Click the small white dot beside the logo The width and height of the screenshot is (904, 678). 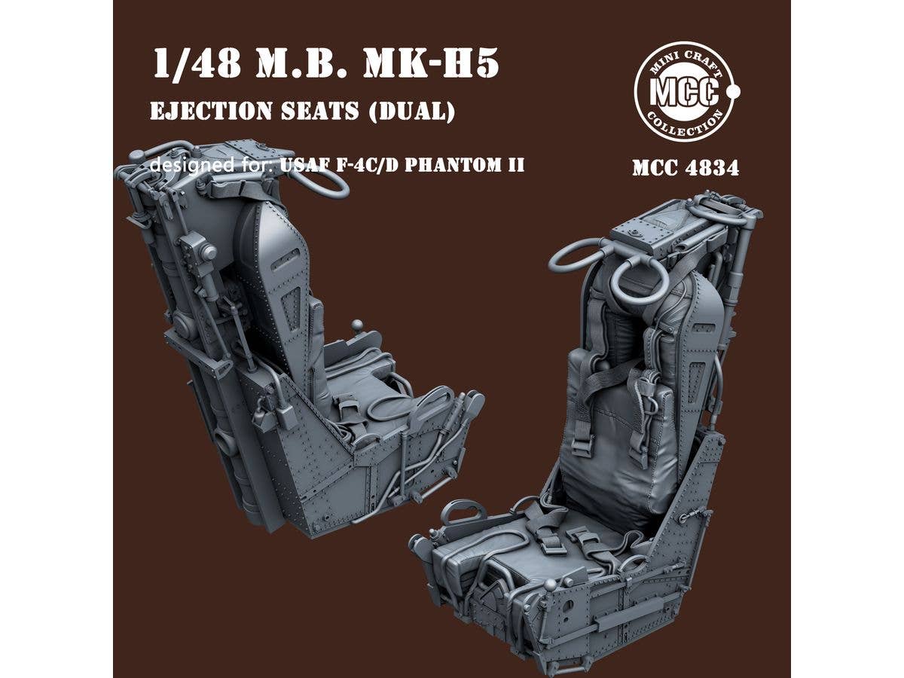pyautogui.click(x=736, y=92)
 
